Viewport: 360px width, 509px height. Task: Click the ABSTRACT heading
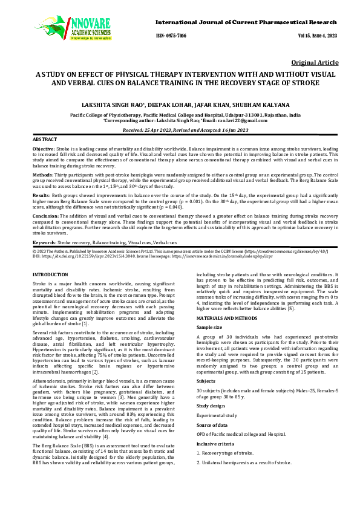pos(44,140)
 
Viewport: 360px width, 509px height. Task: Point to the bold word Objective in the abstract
pos(44,149)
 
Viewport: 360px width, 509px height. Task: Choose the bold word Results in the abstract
pos(41,195)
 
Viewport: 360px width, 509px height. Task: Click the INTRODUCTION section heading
pos(50,276)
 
